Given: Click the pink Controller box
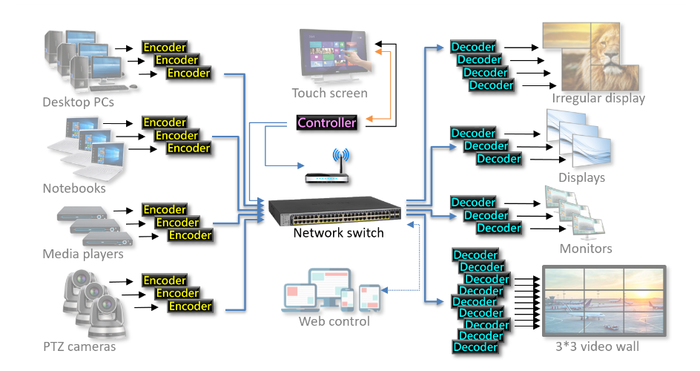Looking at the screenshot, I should click(x=326, y=122).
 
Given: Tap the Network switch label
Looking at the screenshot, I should click(x=338, y=233).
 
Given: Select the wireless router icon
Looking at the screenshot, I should click(x=327, y=171).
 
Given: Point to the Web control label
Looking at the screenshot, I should click(x=334, y=322).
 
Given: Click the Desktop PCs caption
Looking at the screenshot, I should click(x=78, y=102).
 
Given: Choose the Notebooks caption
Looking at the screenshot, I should click(x=74, y=188).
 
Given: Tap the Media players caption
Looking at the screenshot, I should click(x=82, y=255).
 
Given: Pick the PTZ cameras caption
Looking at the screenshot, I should click(x=79, y=347).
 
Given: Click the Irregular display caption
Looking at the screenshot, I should click(x=598, y=99).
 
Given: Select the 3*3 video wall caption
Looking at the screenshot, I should click(x=596, y=347).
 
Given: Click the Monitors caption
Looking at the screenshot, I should click(x=586, y=249).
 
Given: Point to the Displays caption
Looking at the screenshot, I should click(x=581, y=178).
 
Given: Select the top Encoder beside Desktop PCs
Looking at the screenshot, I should click(x=165, y=47).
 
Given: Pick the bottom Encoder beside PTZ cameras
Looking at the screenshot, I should click(x=190, y=306).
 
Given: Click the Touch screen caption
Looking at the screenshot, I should click(x=329, y=93).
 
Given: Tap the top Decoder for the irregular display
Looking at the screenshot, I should click(x=473, y=47).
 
